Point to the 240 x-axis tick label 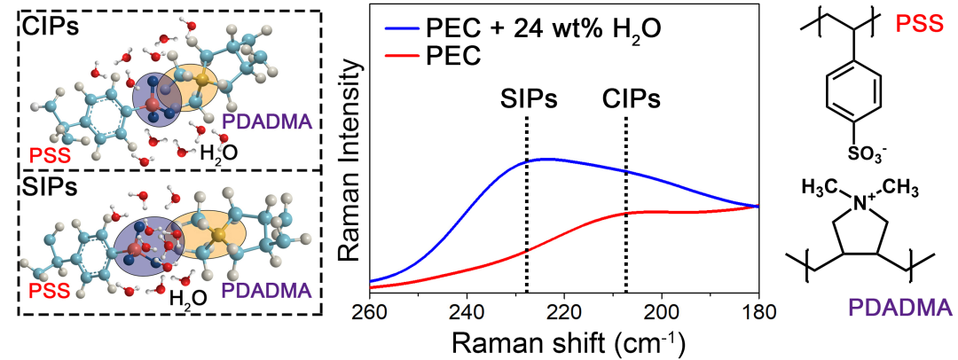tap(467, 312)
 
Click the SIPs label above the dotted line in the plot tap(526, 98)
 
